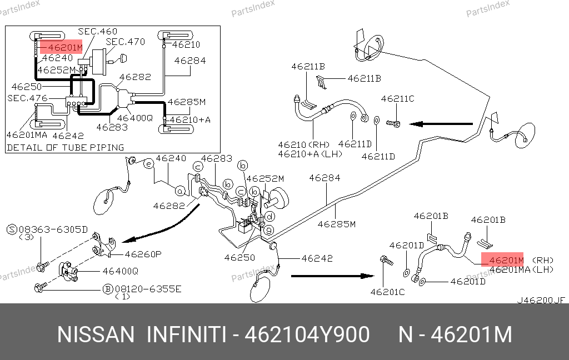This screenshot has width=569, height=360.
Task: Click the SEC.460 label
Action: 97,32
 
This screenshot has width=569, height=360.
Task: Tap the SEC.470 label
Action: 125,42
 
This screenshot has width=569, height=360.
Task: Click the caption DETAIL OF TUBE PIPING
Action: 65,147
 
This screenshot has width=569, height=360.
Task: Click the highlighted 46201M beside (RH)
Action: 502,260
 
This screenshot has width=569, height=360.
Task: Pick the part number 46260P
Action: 143,254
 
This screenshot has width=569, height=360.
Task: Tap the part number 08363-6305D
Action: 54,229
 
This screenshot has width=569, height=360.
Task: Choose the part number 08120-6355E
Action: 148,289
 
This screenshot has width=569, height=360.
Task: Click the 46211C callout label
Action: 397,99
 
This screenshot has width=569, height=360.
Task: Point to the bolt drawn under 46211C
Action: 394,123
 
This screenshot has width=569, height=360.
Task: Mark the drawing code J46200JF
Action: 541,300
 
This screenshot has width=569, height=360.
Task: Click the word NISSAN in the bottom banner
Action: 96,335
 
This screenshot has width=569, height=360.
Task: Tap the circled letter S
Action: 11,229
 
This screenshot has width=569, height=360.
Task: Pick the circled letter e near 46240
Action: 148,164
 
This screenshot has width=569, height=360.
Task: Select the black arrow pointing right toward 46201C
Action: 333,276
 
